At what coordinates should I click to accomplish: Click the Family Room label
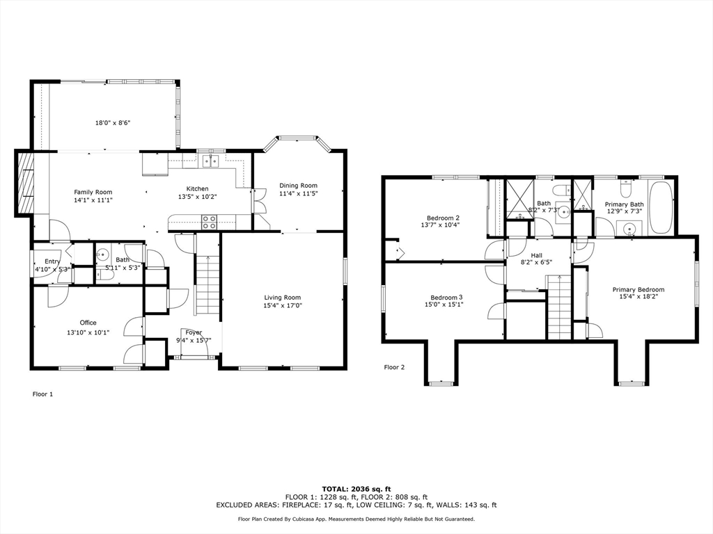point(93,192)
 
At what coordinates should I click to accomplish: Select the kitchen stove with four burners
point(209,222)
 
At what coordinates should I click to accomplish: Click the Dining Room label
point(298,185)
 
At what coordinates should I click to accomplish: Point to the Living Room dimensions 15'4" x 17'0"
point(283,305)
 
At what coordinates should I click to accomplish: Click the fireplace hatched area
point(26,183)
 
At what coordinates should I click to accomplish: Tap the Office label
point(88,323)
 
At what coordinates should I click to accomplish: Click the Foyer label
point(194,332)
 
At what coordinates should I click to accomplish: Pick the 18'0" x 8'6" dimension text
point(113,122)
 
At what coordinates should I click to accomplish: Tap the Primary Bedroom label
point(638,290)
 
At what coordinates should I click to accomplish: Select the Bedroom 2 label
point(443,218)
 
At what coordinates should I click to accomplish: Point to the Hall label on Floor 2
point(537,256)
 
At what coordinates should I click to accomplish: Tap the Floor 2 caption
point(394,367)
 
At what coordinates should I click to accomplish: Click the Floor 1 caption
point(42,394)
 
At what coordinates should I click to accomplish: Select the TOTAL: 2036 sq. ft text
point(356,489)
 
